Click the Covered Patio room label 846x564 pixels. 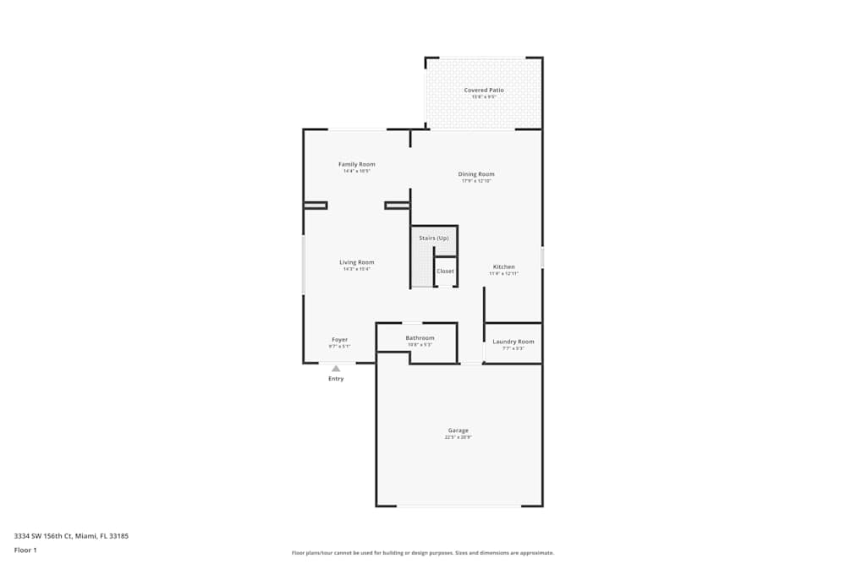[484, 90]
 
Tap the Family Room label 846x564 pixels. [356, 164]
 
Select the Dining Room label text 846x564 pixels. [476, 174]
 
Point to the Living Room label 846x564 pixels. [356, 262]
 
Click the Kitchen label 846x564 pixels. [503, 266]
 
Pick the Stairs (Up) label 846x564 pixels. [433, 238]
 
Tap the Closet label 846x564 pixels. [445, 271]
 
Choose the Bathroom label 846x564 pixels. [420, 337]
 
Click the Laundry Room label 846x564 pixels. [514, 342]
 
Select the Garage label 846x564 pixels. [458, 430]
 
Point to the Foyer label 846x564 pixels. [339, 340]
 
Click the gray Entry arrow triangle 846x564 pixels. [336, 369]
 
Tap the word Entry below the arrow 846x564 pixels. [336, 379]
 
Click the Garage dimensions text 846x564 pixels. [458, 438]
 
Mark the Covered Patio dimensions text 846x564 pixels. [484, 97]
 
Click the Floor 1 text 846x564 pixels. [25, 550]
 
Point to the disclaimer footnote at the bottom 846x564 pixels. [423, 553]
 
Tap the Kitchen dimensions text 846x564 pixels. [503, 274]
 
